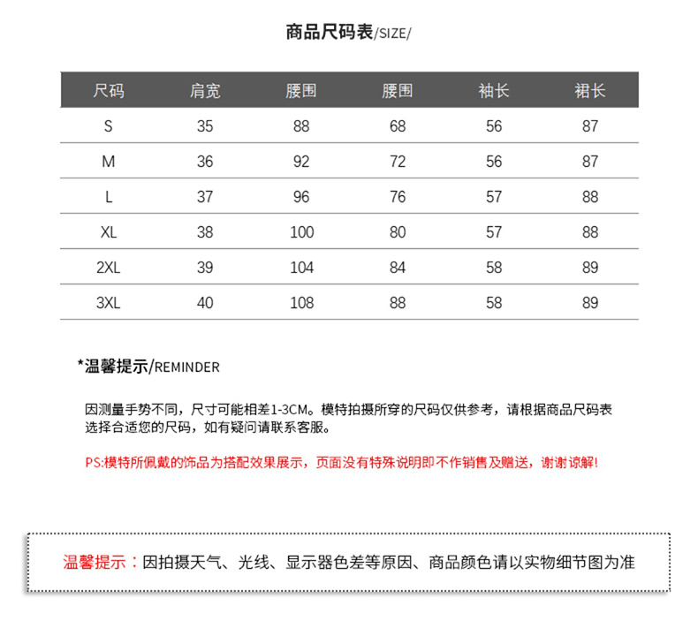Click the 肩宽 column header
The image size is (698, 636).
click(x=205, y=91)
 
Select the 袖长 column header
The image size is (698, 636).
click(x=494, y=91)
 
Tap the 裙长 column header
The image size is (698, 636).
click(x=590, y=91)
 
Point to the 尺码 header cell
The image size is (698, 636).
click(x=109, y=91)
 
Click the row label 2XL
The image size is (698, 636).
click(x=109, y=268)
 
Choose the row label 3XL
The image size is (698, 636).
click(x=109, y=303)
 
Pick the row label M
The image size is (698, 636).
click(x=109, y=162)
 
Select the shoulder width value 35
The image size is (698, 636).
click(x=205, y=126)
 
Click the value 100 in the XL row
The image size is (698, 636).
click(x=301, y=232)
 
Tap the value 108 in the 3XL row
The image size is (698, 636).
click(x=301, y=303)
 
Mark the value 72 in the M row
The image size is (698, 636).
click(x=398, y=162)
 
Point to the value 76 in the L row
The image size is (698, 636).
click(x=398, y=197)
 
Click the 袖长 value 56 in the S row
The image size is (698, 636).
click(x=494, y=126)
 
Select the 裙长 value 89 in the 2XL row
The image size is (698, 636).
click(x=590, y=268)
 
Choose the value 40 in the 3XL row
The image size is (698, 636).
click(x=205, y=303)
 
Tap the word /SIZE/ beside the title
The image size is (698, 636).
click(x=393, y=34)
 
